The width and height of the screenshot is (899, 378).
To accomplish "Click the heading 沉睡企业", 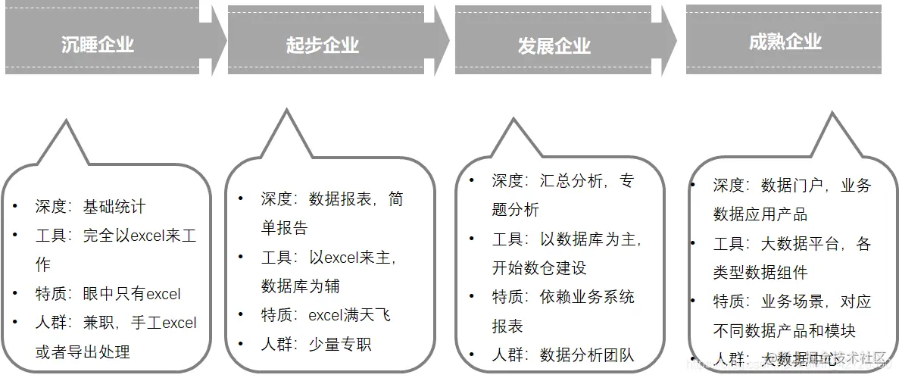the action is point(98,45).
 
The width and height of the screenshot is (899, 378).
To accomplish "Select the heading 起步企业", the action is point(323,45).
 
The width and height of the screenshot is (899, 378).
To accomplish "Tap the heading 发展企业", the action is point(554,45).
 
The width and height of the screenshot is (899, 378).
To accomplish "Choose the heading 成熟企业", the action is point(785,42).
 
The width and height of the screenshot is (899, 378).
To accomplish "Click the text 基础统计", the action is point(114,207).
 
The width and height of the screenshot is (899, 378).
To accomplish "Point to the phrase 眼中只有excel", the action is point(132,294).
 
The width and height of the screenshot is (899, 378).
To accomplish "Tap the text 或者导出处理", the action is point(83,351).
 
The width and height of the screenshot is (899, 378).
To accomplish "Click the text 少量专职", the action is point(340,344).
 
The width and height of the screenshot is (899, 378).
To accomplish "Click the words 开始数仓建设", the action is point(539,268).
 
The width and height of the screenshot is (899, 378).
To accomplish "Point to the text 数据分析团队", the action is point(587,355).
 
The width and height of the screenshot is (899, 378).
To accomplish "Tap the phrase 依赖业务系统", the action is point(587,297).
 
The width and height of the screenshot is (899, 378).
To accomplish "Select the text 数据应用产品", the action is point(760,214).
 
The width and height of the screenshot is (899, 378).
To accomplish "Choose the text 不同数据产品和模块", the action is point(784,330).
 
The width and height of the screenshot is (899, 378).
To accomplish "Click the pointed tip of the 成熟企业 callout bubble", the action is point(832,114).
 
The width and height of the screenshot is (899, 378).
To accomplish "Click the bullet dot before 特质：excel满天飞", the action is point(241,314).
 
